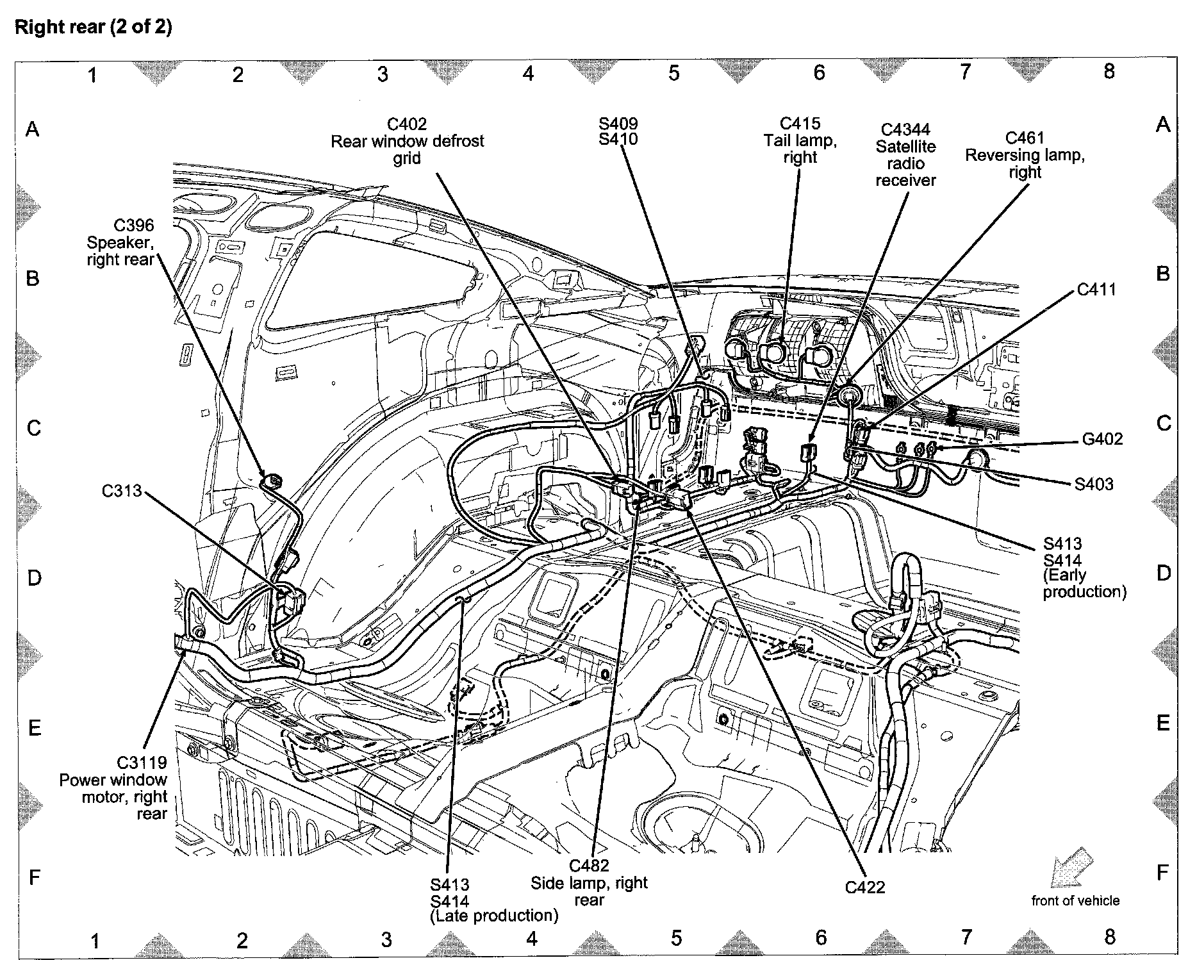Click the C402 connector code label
pos(407,124)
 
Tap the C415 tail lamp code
pos(800,123)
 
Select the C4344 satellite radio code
pos(905,130)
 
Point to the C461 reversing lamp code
pos(1025,138)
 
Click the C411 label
pos(1096,290)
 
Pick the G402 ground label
pos(1102,439)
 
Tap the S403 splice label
pos(1094,484)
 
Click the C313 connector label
pos(122,491)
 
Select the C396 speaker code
pos(134,226)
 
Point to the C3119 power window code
pos(142,763)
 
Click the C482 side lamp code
pos(589,866)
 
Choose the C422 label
pos(864,887)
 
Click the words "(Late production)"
pos(493,916)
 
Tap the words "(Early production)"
pos(1084,583)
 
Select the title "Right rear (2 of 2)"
pos(94,28)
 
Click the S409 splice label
pos(618,124)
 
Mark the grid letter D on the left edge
pos(34,578)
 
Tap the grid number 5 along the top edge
pos(673,73)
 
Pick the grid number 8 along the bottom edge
pos(1110,937)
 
